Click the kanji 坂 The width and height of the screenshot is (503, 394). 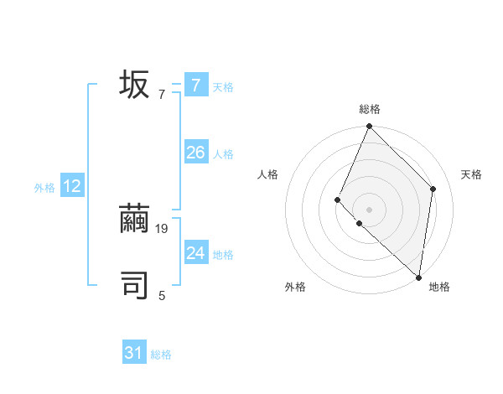click(135, 85)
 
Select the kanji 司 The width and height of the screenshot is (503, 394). click(135, 285)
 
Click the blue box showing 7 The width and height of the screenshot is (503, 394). click(195, 86)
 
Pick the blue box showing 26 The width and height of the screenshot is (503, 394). click(195, 153)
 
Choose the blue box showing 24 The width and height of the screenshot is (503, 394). click(195, 253)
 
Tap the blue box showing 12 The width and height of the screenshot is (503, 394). click(71, 186)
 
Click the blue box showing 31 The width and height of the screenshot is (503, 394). click(134, 354)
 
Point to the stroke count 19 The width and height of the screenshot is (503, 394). click(163, 228)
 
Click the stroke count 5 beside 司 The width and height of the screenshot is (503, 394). click(162, 295)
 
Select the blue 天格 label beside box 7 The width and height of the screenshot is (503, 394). click(223, 86)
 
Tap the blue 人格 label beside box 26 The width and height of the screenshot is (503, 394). click(223, 154)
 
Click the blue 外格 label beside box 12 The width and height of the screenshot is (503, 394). click(44, 188)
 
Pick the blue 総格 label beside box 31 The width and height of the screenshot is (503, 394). click(161, 355)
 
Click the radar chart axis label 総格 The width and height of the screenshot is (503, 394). click(370, 109)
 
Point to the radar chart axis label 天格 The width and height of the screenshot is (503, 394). click(471, 174)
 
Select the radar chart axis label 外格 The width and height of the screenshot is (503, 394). click(295, 287)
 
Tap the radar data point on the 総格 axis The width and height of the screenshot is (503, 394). click(370, 127)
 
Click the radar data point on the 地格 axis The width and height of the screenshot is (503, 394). click(418, 277)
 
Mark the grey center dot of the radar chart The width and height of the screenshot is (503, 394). click(370, 210)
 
